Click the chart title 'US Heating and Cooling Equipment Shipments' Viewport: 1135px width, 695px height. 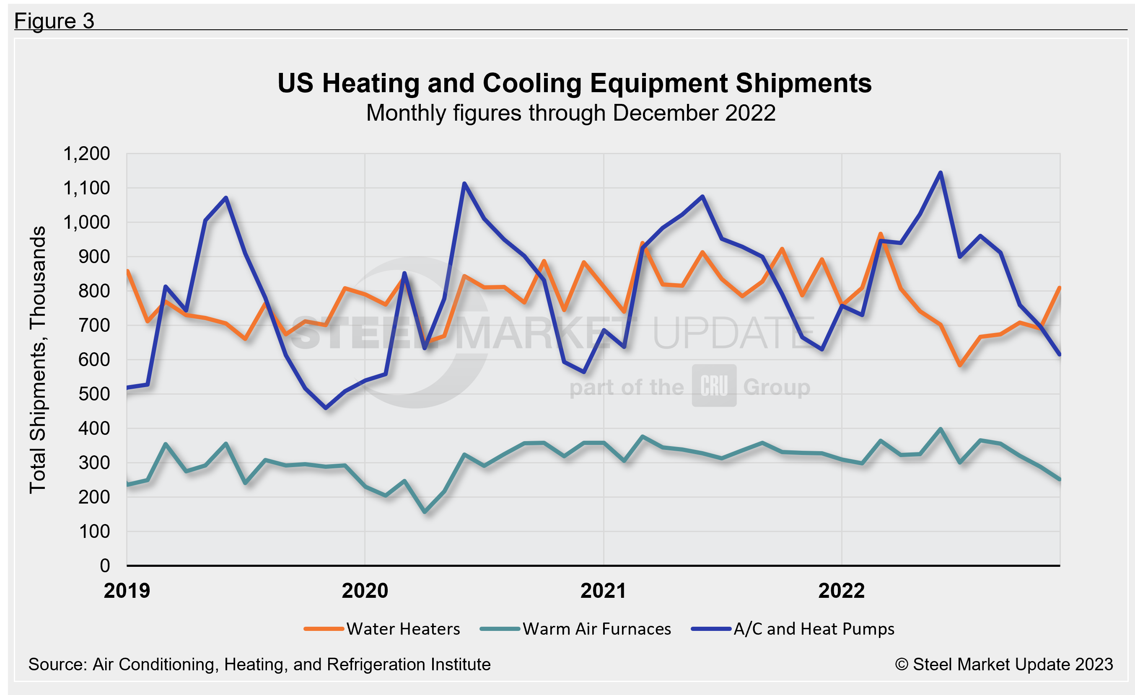click(x=574, y=84)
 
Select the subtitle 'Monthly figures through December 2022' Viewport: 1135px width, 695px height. click(x=570, y=113)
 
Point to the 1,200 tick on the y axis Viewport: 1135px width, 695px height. click(x=87, y=154)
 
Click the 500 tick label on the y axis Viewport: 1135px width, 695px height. click(x=94, y=394)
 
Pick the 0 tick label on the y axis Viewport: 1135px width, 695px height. click(x=105, y=566)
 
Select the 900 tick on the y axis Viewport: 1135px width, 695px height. click(x=94, y=257)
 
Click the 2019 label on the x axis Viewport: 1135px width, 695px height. click(x=127, y=591)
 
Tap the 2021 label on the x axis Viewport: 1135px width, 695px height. click(x=603, y=591)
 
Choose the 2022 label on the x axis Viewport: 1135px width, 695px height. click(x=841, y=591)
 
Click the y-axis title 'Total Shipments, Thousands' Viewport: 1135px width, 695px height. click(x=38, y=360)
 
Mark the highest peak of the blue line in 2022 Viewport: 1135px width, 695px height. click(x=940, y=173)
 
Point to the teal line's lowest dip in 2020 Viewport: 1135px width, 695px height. click(x=425, y=512)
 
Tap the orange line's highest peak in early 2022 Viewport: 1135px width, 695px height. click(x=880, y=234)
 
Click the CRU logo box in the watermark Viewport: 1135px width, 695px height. click(x=714, y=386)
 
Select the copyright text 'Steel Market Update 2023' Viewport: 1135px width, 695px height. click(x=1004, y=664)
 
